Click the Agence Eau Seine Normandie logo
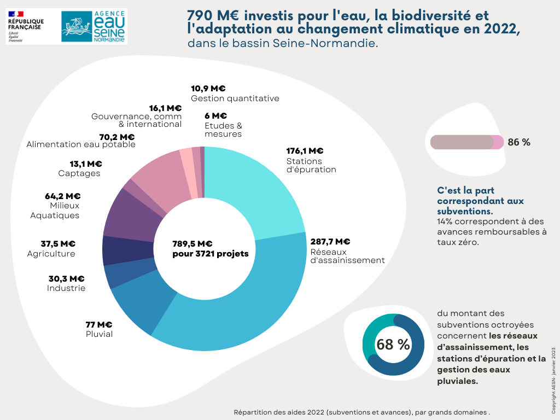[94, 27]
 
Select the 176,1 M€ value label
[305, 151]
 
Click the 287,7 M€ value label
[330, 242]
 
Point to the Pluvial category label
[99, 334]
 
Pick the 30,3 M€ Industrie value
[66, 279]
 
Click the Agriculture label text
[51, 254]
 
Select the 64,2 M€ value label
[62, 196]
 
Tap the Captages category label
[79, 173]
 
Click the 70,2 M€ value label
[116, 137]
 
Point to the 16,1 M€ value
[165, 108]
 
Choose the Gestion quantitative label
[235, 98]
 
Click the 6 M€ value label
[215, 116]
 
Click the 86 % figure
[519, 142]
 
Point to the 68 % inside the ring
[393, 345]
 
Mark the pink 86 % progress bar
[466, 142]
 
